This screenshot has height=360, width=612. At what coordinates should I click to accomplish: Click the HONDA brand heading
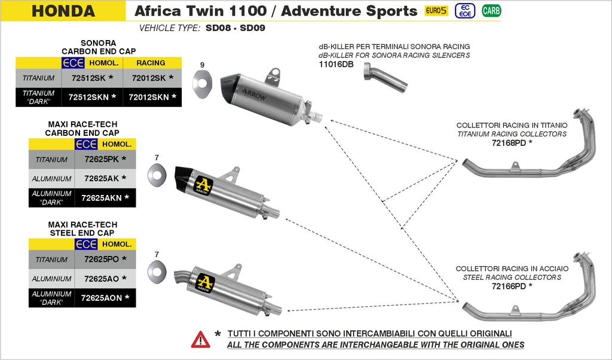point(63,11)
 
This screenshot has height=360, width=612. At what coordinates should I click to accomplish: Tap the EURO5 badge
point(436,11)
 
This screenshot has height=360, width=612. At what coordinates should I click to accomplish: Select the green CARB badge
point(491,11)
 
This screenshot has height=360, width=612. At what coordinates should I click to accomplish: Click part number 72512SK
point(88,78)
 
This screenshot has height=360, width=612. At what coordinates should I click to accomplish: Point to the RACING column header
point(151,63)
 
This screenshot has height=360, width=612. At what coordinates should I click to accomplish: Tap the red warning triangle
point(200,339)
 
